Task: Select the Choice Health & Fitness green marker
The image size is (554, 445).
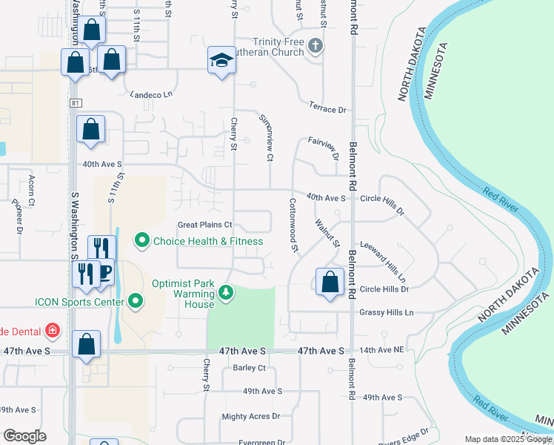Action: tap(142, 240)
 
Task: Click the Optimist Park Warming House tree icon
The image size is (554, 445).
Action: tap(227, 294)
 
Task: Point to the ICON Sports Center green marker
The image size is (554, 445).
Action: tap(135, 301)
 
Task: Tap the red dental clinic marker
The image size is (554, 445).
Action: tap(52, 329)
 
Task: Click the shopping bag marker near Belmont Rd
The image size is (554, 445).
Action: tap(330, 282)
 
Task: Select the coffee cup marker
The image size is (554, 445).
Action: tap(104, 271)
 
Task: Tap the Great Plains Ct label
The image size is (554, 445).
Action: tap(205, 225)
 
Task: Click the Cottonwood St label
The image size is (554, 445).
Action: tap(293, 225)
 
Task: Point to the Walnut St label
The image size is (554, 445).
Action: tap(327, 233)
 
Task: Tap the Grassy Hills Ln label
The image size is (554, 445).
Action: tap(386, 313)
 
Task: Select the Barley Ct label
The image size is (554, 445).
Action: tap(249, 367)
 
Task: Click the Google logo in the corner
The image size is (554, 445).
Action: tap(24, 436)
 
